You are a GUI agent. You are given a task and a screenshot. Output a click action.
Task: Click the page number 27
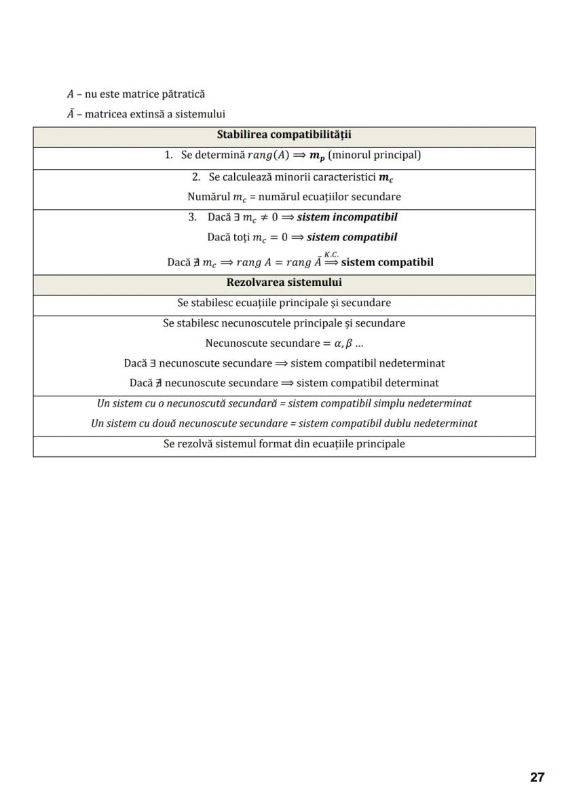[x=537, y=777]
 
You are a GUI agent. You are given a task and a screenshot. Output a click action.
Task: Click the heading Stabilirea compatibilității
[x=284, y=135]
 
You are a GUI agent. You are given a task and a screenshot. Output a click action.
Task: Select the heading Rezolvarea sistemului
[x=284, y=282]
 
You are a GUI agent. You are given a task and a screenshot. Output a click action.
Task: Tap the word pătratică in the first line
[x=183, y=94]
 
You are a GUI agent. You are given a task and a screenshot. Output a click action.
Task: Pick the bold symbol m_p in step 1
[x=316, y=156]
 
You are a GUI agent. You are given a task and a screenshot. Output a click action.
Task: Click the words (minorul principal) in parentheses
[x=374, y=155]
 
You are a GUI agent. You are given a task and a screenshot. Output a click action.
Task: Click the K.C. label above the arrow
[x=332, y=254]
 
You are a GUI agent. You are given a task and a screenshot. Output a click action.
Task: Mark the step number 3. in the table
[x=192, y=217]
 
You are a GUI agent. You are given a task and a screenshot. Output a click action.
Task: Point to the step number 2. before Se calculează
[x=196, y=177]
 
